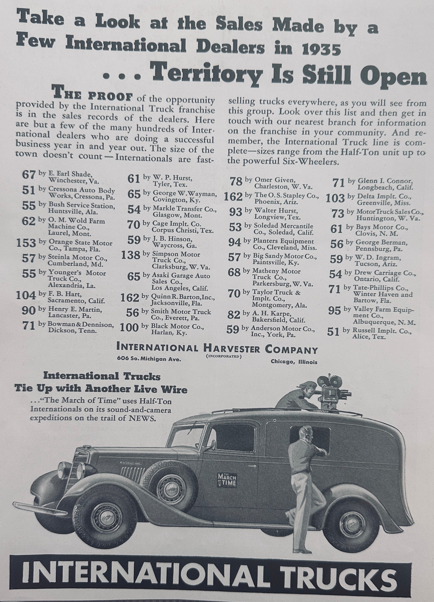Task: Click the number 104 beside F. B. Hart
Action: pyautogui.click(x=26, y=295)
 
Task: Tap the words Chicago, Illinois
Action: pyautogui.click(x=294, y=362)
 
